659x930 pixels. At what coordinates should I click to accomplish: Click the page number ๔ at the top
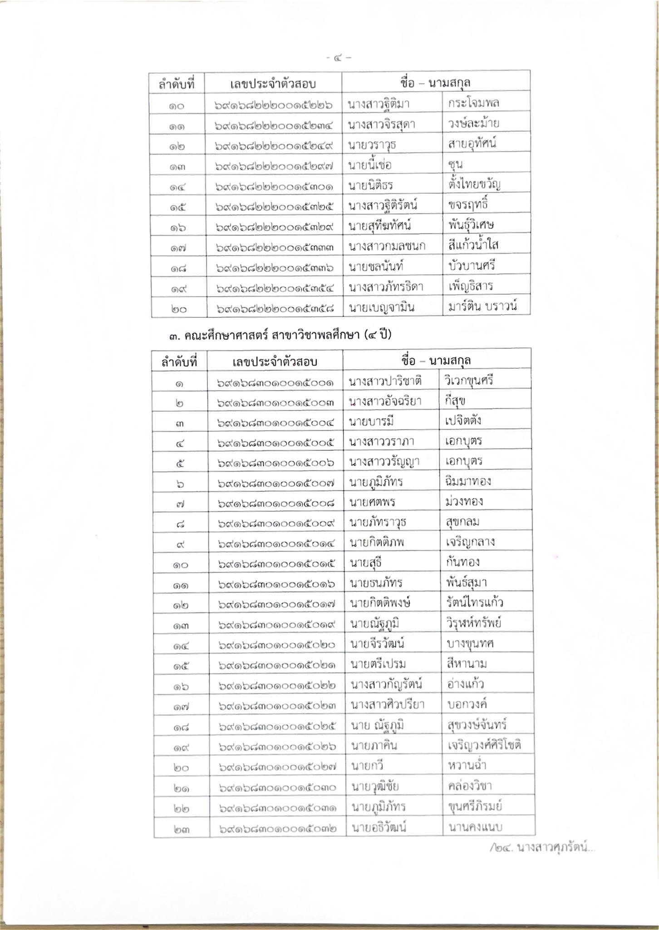click(338, 58)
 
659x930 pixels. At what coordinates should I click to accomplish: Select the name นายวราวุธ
click(372, 145)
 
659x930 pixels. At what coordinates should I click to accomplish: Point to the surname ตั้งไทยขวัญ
click(474, 184)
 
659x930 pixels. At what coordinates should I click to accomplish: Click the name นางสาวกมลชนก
click(387, 247)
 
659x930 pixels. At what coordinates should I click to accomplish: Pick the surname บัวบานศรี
click(472, 266)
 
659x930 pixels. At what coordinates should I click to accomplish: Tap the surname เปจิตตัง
click(463, 420)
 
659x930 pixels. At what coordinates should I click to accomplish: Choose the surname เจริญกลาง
click(470, 542)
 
